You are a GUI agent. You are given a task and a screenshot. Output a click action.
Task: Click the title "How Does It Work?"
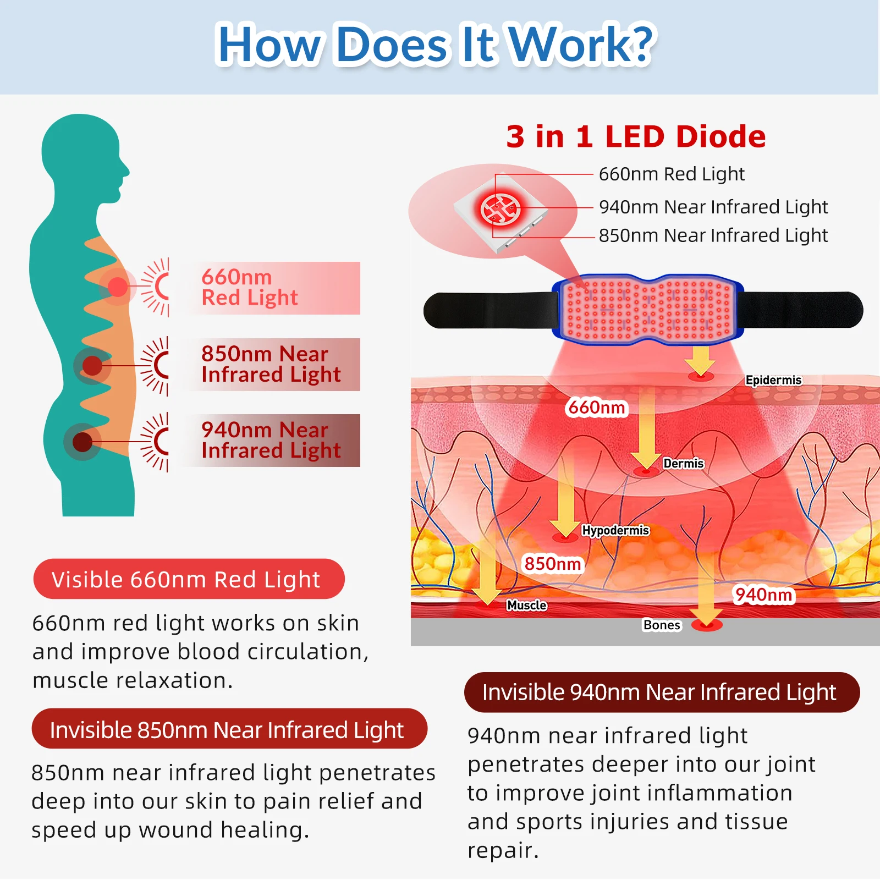pos(436,44)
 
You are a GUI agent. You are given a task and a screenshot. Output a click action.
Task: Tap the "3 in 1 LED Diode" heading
pos(636,136)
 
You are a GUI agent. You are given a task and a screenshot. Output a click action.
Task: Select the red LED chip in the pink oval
pos(500,210)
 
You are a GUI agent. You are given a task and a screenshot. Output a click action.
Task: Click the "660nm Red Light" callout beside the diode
pos(672,174)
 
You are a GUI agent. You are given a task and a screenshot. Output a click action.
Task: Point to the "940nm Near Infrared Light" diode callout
pos(713,207)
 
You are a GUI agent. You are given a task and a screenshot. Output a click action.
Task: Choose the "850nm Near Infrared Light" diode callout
pos(713,235)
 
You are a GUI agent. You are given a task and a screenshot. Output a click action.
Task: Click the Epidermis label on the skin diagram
pos(773,380)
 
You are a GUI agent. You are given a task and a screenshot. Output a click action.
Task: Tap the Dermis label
pos(683,463)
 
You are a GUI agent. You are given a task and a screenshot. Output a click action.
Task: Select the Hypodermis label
pos(615,530)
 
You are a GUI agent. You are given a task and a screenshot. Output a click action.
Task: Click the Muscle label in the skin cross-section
pos(526,605)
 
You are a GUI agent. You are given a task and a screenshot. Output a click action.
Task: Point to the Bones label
pos(662,625)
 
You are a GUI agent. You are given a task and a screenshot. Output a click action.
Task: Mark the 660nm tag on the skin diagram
pos(597,408)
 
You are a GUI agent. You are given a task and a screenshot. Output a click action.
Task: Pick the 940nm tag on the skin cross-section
pos(763,595)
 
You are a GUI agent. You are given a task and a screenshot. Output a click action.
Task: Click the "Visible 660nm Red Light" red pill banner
pos(189,579)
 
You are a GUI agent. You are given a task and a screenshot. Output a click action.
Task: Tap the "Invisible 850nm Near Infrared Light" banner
pos(229,729)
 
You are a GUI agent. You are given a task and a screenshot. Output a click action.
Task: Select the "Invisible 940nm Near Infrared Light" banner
pos(662,692)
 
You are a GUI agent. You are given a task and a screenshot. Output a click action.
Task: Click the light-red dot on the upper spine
pos(117,287)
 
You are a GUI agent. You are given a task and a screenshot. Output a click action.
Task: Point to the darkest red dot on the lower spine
pos(82,442)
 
